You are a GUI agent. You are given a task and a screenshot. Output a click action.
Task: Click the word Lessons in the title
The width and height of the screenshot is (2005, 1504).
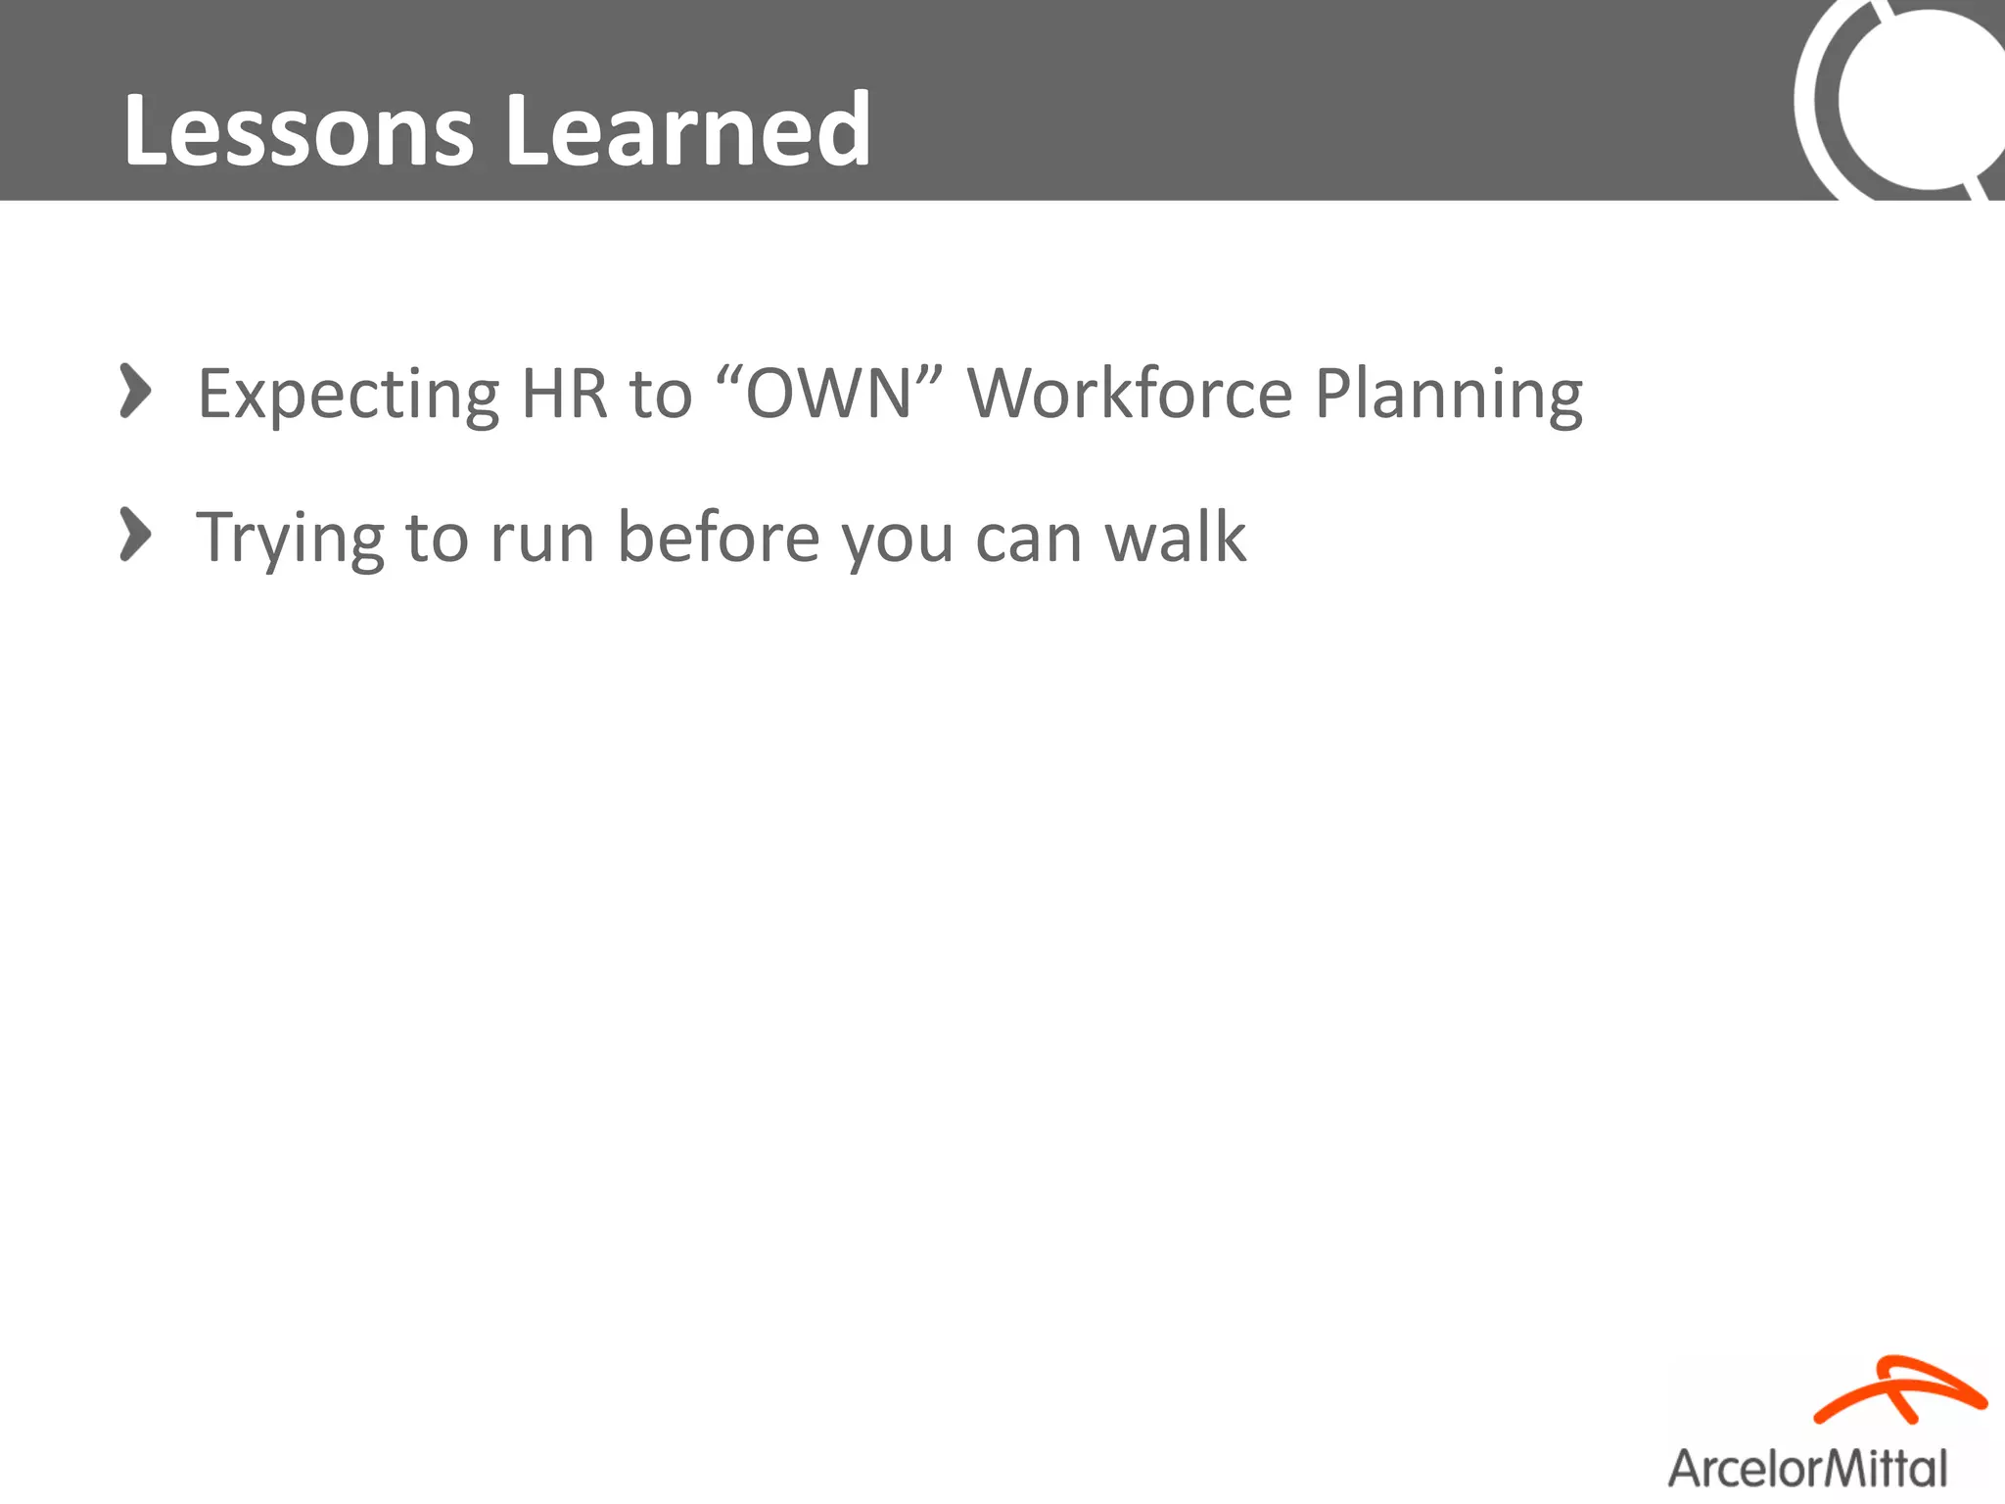299,130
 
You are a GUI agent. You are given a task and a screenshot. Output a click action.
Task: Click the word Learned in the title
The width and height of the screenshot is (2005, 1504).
687,130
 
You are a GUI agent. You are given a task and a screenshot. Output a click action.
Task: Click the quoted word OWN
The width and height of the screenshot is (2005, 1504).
829,393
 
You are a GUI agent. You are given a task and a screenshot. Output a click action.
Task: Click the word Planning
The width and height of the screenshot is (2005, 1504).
1448,395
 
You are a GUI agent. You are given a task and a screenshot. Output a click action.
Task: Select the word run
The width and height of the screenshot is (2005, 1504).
542,538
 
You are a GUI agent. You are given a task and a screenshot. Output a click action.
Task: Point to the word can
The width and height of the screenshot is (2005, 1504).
1028,538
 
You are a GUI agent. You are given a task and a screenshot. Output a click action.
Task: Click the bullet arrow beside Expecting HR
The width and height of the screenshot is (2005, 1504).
135,391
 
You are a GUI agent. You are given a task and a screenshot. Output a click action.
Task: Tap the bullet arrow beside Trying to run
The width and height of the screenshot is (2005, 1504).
135,535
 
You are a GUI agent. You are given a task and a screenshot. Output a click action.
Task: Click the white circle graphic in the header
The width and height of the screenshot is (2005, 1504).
1919,98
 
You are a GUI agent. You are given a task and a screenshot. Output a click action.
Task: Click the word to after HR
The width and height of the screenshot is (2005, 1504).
660,393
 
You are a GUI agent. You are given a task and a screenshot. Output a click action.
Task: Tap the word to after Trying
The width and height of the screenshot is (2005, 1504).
436,538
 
